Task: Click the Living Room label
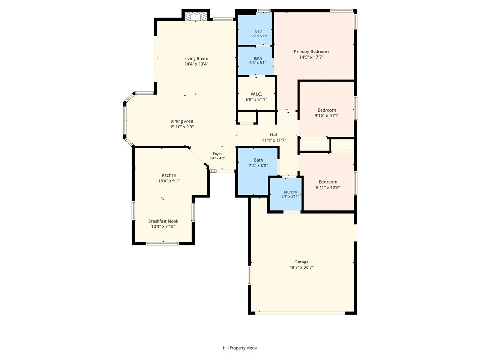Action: (196, 59)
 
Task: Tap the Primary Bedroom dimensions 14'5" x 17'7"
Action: (311, 57)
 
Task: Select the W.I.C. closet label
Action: (256, 94)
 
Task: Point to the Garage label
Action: (301, 262)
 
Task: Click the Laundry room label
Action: (290, 192)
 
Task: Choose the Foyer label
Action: (217, 154)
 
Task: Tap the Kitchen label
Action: (169, 175)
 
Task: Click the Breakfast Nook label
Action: (163, 221)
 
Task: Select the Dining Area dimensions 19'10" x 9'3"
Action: (182, 127)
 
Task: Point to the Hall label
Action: (274, 135)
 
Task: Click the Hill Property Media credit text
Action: (240, 348)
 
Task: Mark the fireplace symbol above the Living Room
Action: (195, 17)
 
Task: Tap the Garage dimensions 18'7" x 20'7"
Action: (301, 267)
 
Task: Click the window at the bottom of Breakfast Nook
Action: (162, 244)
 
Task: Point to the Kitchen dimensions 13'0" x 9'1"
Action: (169, 181)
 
